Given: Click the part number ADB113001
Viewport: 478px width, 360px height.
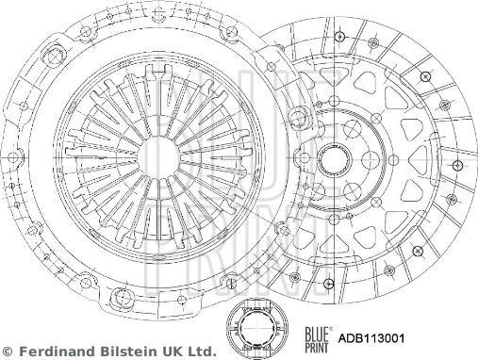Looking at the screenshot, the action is point(371,338).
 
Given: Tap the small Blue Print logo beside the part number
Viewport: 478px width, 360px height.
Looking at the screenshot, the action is point(317,339).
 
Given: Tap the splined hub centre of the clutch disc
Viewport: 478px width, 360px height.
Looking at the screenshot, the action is point(334,160).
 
